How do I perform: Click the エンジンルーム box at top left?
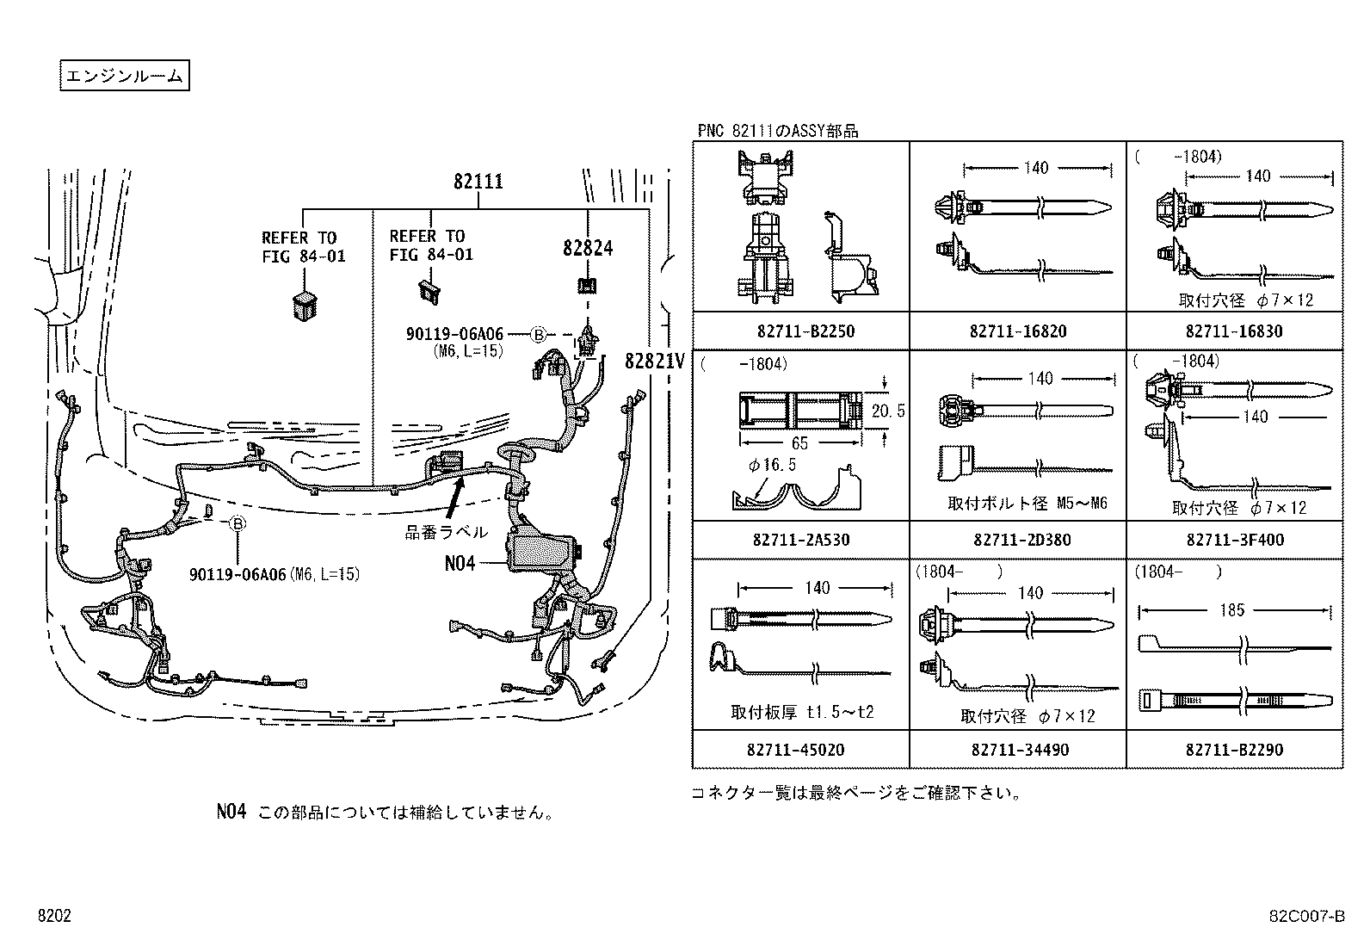pos(124,76)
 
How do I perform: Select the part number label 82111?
pos(478,182)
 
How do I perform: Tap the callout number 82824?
pos(588,248)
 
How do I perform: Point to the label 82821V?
pos(655,362)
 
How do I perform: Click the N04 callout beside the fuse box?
pos(460,563)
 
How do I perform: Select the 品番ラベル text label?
pos(447,532)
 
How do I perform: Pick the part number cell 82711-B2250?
pos(801,331)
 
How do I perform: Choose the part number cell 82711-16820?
pos(1018,331)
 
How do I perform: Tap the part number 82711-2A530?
pos(801,540)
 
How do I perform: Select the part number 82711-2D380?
pos(1018,540)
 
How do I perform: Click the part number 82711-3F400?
pos(1235,540)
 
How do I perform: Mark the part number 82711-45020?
pos(801,750)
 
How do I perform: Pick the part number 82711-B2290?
pos(1235,750)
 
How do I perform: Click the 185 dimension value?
pos(1232,610)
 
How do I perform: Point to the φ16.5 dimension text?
pos(772,466)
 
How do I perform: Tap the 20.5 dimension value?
pos(888,411)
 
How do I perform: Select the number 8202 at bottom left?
pos(53,917)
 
